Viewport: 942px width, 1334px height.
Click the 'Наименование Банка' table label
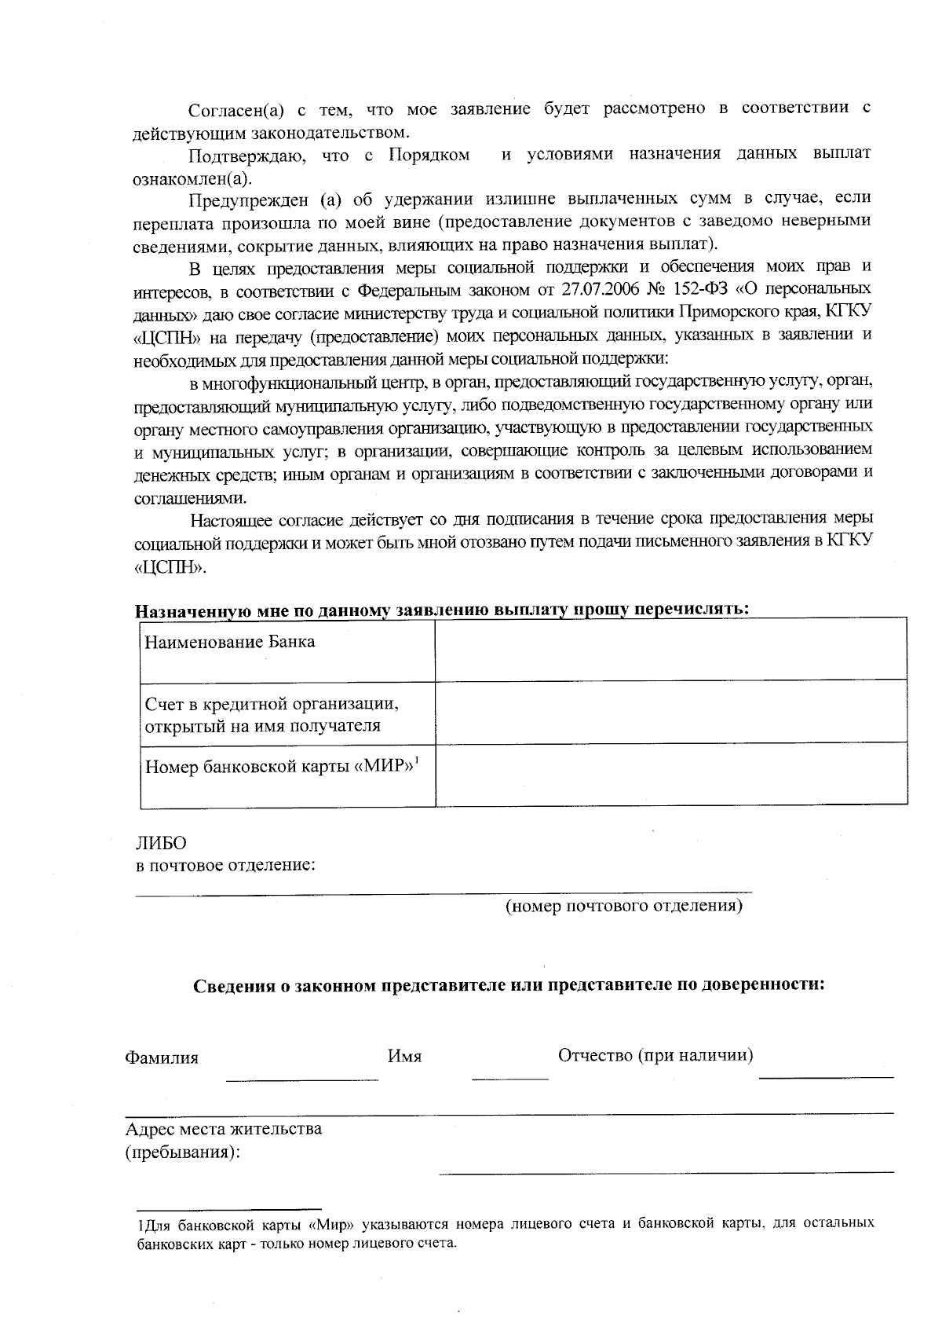click(230, 642)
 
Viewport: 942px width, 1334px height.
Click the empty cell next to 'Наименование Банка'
click(671, 649)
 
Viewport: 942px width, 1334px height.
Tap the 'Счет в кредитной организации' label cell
click(272, 713)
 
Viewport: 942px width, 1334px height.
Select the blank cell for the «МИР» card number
click(671, 775)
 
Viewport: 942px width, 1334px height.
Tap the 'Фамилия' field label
click(162, 1057)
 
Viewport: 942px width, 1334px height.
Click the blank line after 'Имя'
click(509, 1073)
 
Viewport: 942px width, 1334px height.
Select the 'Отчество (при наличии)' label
click(655, 1054)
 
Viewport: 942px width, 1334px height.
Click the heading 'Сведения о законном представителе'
click(509, 985)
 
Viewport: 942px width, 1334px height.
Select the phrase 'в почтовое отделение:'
click(226, 866)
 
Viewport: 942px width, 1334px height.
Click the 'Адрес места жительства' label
click(224, 1129)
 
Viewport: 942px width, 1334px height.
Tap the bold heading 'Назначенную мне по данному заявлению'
click(442, 610)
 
